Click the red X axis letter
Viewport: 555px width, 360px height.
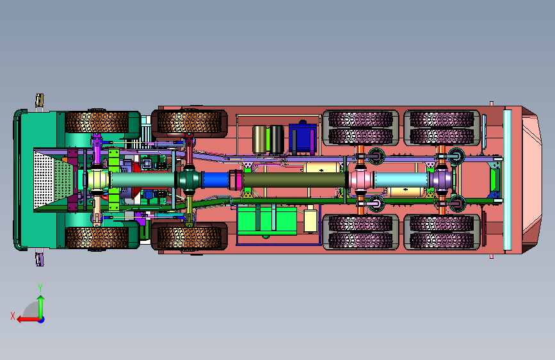[x=13, y=316]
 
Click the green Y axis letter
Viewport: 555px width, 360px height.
[x=40, y=288]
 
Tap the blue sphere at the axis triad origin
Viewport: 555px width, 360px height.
[x=42, y=320]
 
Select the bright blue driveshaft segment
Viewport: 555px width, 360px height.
[x=216, y=180]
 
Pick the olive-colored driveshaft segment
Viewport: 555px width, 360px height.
[x=294, y=180]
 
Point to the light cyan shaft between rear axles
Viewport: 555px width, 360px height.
[x=401, y=180]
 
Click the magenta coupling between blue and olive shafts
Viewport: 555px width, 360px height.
[x=236, y=180]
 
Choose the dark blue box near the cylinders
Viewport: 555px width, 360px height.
[x=303, y=138]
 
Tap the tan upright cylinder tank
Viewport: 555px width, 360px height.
[x=259, y=140]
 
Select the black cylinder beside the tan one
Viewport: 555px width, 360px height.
[x=277, y=140]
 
